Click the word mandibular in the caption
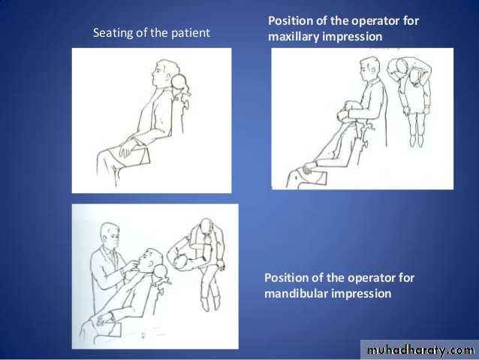(296, 294)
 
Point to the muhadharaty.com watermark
(420, 350)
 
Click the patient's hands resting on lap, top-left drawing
(128, 148)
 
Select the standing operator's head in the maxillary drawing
(369, 68)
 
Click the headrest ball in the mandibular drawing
(161, 271)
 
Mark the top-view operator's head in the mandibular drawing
(206, 225)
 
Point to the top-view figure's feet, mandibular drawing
(210, 303)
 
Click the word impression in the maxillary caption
(352, 37)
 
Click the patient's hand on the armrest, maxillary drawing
(309, 168)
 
